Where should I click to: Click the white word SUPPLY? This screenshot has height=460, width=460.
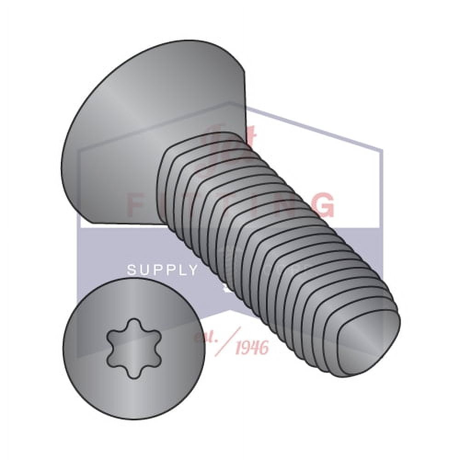tap(162, 270)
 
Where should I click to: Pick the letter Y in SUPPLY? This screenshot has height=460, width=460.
tap(193, 270)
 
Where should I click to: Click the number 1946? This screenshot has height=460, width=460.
tap(251, 348)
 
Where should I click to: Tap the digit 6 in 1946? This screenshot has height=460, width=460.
tap(264, 348)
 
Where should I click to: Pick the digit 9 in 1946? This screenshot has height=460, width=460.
tap(246, 348)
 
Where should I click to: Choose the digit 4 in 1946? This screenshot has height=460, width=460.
tap(255, 348)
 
